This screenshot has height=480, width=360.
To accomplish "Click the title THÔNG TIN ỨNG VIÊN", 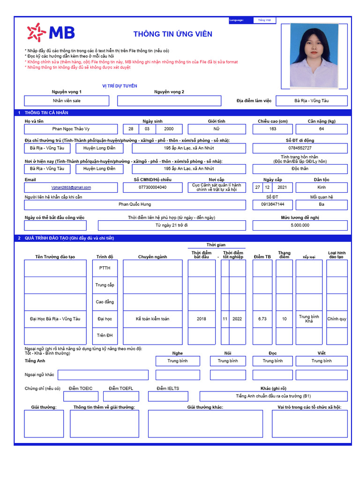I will (172, 34).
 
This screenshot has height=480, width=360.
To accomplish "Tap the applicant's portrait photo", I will (314, 55).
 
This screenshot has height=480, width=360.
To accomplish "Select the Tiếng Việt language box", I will (265, 20).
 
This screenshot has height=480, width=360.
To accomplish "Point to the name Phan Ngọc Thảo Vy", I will (71, 129).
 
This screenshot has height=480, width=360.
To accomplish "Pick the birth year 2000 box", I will (169, 129).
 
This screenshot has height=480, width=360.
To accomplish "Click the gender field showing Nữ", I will (217, 129).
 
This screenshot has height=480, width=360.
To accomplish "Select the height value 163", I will (273, 129).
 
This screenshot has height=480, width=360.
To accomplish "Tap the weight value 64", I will (322, 129).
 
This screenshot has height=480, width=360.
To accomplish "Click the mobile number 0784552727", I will (300, 148).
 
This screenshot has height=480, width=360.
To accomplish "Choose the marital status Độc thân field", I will (300, 168).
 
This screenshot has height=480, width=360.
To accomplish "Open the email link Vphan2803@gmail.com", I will (71, 187).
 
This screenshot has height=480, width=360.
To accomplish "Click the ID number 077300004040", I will (153, 187).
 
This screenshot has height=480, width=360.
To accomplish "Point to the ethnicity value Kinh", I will (322, 187).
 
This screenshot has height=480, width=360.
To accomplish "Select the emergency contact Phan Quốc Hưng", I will (135, 204).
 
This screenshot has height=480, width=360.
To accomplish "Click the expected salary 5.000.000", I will (300, 225).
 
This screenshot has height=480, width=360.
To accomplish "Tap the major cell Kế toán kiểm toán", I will (153, 319).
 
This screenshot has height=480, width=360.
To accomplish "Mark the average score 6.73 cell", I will (262, 319).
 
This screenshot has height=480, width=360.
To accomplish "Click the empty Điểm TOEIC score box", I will (81, 397).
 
